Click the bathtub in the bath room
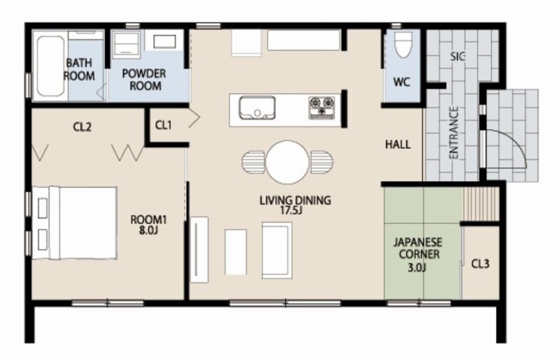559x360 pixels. click(50, 66)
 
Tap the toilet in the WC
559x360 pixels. click(403, 44)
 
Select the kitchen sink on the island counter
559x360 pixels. click(257, 108)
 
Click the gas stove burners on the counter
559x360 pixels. click(321, 107)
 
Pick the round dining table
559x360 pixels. click(287, 162)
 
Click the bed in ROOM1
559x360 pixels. click(75, 222)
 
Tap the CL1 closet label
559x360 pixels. click(164, 125)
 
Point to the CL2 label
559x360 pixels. click(82, 127)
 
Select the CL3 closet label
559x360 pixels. click(480, 264)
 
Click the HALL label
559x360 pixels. click(398, 145)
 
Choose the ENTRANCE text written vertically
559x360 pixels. click(453, 133)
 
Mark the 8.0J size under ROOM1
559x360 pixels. click(148, 231)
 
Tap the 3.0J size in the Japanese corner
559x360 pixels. click(416, 268)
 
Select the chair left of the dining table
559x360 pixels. click(254, 162)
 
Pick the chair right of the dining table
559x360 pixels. click(321, 162)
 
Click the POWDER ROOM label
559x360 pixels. click(145, 80)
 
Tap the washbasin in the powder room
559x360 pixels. click(164, 41)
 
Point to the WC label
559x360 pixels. click(401, 82)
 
